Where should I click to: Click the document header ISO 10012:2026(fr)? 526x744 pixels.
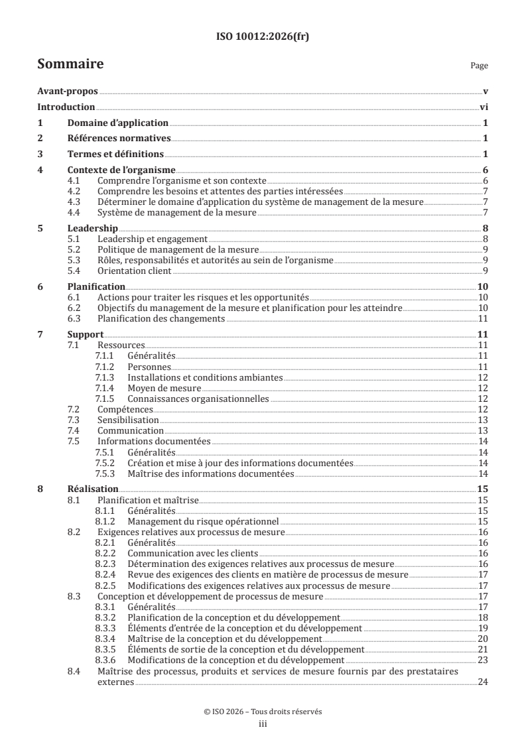pyautogui.click(x=263, y=37)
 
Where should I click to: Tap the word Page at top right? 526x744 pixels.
pyautogui.click(x=479, y=66)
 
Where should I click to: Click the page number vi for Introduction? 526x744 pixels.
pyautogui.click(x=484, y=107)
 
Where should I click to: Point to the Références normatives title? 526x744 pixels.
pyautogui.click(x=119, y=138)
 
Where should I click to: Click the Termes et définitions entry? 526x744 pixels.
pyautogui.click(x=115, y=154)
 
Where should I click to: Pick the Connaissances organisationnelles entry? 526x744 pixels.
pyautogui.click(x=198, y=399)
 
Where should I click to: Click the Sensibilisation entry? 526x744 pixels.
pyautogui.click(x=128, y=420)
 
